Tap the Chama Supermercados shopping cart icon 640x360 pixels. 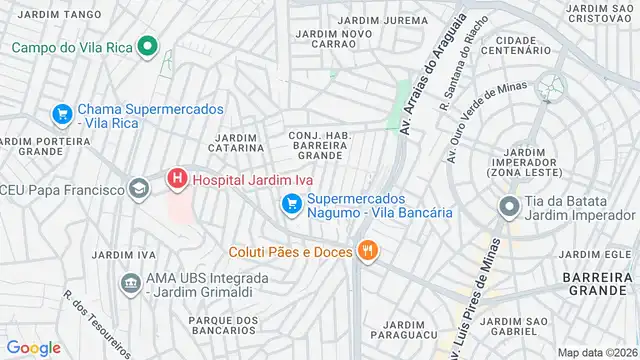pos(62,114)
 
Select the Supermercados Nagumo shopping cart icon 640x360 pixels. pos(292,205)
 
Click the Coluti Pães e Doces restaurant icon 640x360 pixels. pos(368,251)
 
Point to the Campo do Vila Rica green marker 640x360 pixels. pos(148,46)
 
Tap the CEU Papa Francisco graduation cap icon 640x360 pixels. pos(138,188)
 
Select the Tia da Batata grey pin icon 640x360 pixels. pos(508,207)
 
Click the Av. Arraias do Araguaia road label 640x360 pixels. pos(432,75)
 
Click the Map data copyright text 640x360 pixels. pos(597,351)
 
